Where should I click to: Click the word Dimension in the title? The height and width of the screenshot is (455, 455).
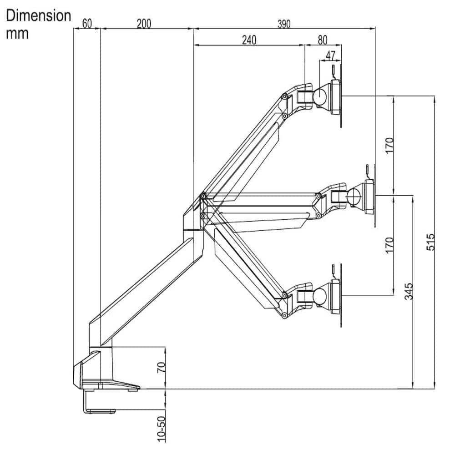point(39,15)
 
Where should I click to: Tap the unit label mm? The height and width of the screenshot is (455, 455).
point(17,34)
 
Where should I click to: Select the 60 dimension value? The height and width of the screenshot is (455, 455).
point(87,23)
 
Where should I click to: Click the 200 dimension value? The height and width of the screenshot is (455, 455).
point(144,23)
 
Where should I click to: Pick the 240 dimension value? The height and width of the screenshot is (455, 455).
point(248,40)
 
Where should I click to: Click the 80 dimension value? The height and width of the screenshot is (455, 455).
point(322,40)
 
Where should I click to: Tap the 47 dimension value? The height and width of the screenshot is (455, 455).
point(331,56)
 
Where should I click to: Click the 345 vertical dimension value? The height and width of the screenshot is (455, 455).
point(408,292)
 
